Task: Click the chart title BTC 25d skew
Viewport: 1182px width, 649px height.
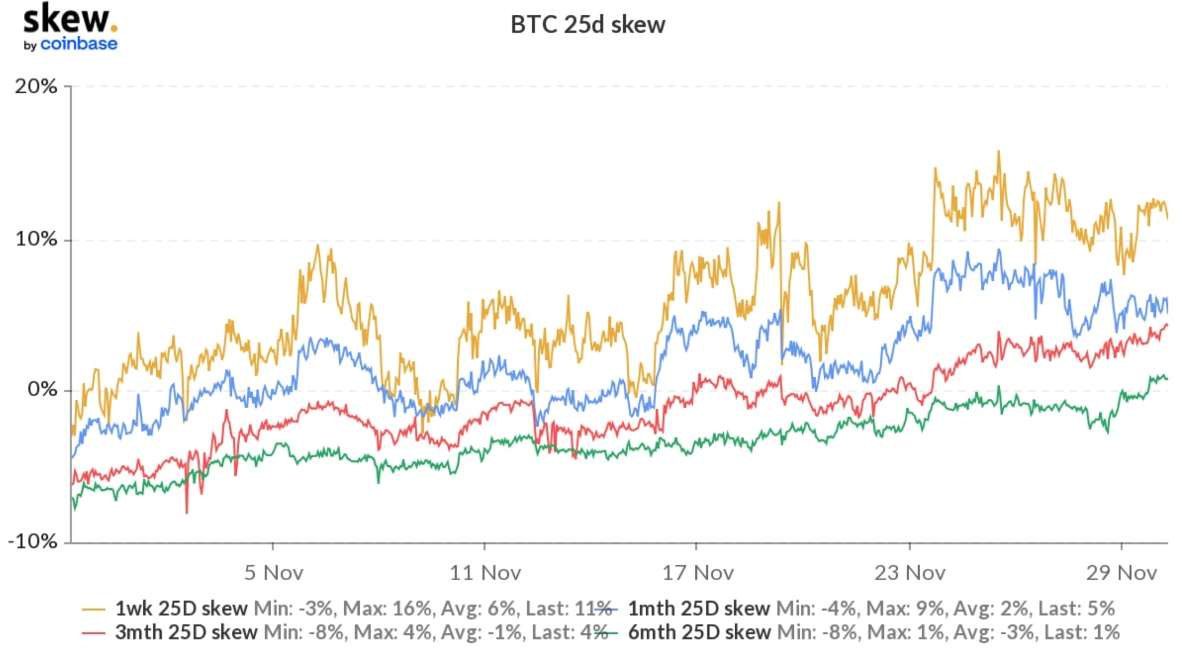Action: point(587,25)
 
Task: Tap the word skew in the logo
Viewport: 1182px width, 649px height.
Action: point(66,20)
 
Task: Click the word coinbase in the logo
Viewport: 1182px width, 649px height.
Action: point(79,44)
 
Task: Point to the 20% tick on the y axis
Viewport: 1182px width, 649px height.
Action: point(36,86)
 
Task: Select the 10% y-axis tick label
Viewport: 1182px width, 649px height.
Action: point(36,239)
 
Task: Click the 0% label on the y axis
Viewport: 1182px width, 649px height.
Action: point(42,390)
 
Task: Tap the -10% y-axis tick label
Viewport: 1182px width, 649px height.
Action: point(33,542)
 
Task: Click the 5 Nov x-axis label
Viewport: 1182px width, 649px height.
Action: point(273,573)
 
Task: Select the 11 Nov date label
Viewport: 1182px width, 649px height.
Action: point(485,573)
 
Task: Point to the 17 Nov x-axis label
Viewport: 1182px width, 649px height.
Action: point(697,573)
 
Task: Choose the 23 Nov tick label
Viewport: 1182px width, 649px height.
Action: point(910,573)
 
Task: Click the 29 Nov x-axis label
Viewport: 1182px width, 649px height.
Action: point(1121,573)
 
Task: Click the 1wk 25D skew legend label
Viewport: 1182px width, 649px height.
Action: point(181,608)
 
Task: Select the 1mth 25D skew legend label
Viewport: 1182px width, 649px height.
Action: point(698,608)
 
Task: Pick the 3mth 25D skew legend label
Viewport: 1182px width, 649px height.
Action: point(186,632)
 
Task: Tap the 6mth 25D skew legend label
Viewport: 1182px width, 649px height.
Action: point(700,632)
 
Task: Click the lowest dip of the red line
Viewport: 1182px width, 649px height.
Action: point(186,512)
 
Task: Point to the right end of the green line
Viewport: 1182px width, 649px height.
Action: point(1167,378)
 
